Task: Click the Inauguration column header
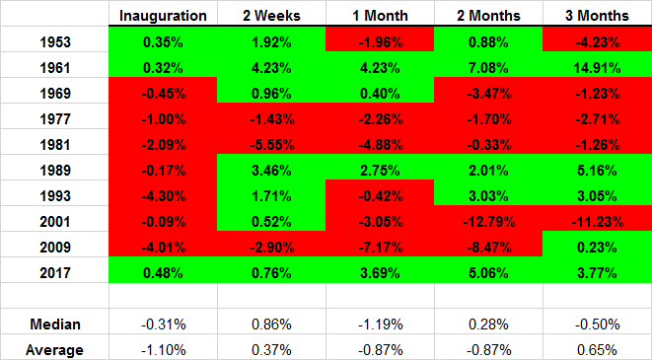pos(163,16)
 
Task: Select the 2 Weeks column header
pos(271,16)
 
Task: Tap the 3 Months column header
pos(597,16)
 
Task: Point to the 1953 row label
pos(55,42)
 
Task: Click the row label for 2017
pos(55,272)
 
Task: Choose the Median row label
pos(55,324)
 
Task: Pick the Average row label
pos(54,350)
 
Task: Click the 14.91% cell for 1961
pos(597,68)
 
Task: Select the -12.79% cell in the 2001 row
pos(489,222)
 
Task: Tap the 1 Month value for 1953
pos(381,42)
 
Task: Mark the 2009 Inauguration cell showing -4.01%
pos(164,248)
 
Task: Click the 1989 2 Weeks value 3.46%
pos(271,171)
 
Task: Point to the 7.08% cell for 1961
pos(488,68)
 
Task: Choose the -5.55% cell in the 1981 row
pos(272,145)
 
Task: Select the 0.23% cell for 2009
pos(597,248)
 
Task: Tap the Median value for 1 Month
pos(381,324)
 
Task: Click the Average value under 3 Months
pos(597,350)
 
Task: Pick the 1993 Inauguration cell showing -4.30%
pos(164,196)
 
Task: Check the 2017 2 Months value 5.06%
pos(488,272)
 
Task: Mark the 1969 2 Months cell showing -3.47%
pos(489,93)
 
